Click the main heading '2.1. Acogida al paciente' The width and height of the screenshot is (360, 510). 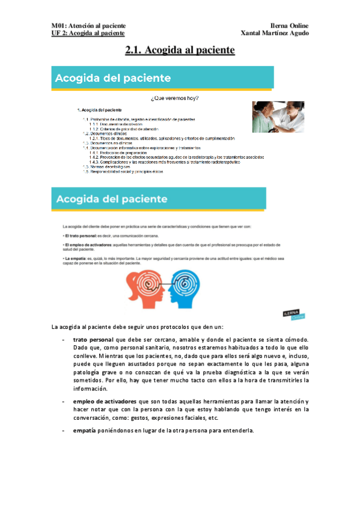179,51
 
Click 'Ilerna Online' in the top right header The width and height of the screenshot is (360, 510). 289,26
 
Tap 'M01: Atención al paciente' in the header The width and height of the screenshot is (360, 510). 88,26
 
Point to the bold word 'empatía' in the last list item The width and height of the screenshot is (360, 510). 85,430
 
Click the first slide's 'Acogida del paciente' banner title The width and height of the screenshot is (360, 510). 113,78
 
